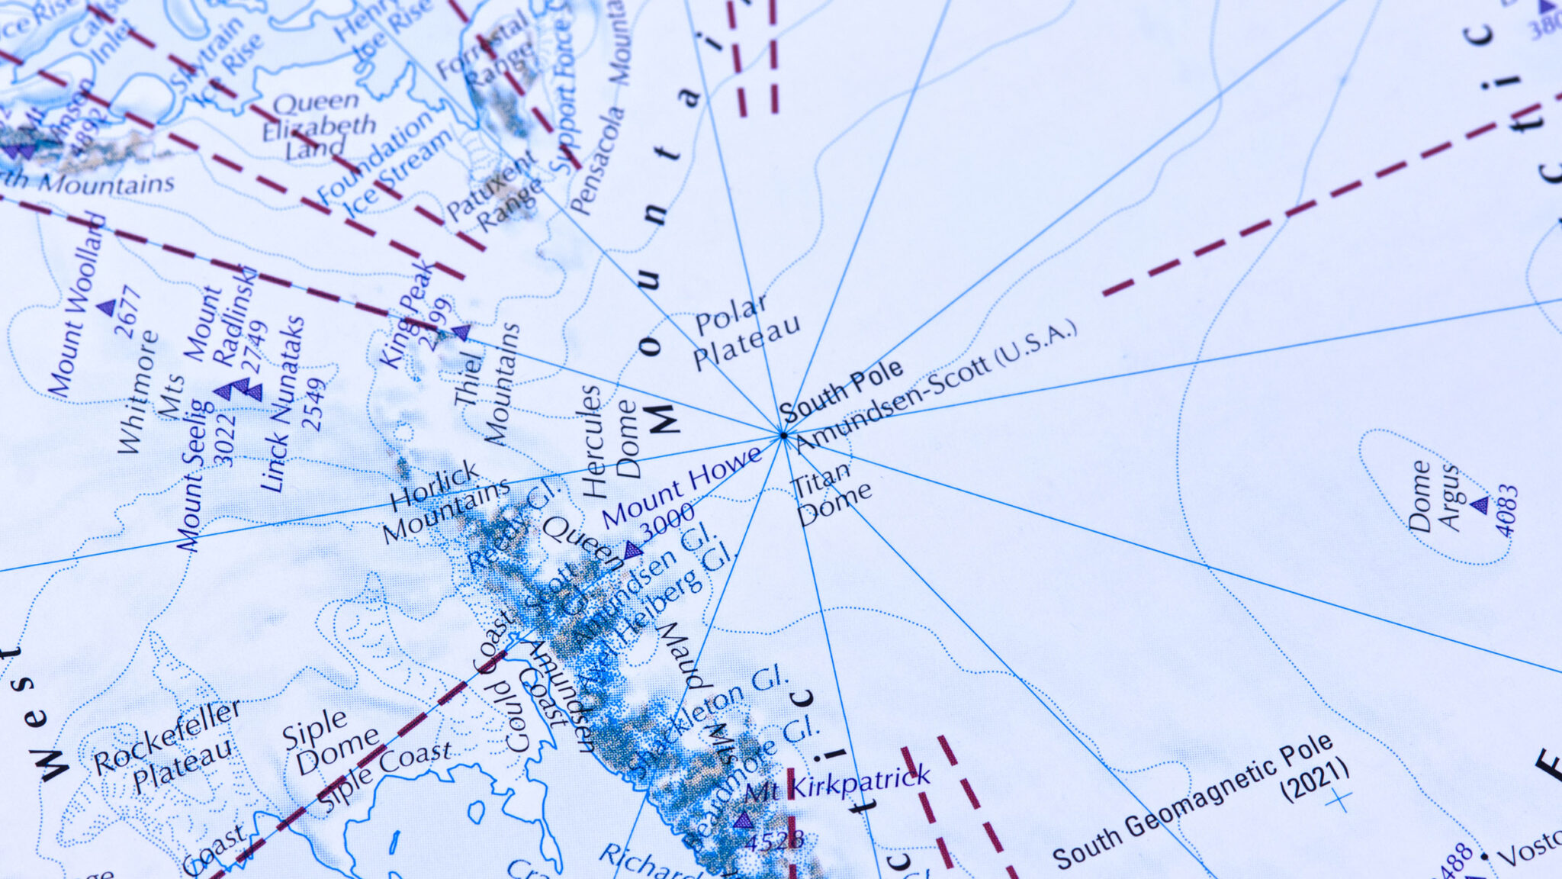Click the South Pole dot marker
tap(783, 436)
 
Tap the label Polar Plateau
tap(744, 332)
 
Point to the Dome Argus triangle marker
tap(1480, 505)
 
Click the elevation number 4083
tap(1506, 511)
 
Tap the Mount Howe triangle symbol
tap(632, 549)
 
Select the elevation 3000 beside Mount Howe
tap(667, 521)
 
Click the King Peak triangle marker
tap(461, 332)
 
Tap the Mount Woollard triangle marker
tap(107, 307)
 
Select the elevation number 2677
tap(127, 312)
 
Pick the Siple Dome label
tap(328, 740)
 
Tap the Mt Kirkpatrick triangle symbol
tap(743, 820)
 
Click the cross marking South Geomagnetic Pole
tap(1338, 800)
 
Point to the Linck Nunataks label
tap(281, 404)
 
